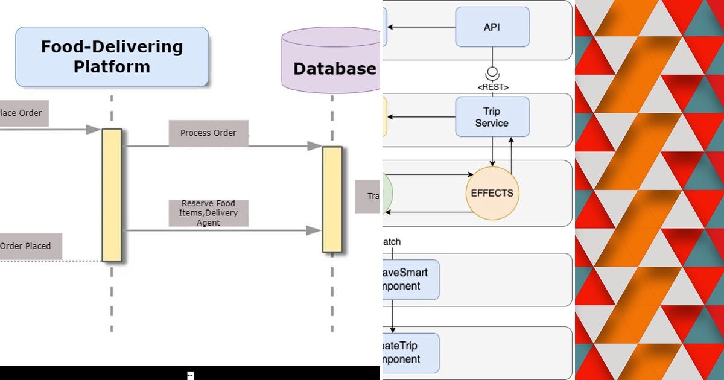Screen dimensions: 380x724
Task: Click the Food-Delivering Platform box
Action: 112,57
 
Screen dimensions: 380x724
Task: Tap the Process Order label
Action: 208,133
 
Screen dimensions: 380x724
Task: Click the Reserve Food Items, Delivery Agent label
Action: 208,213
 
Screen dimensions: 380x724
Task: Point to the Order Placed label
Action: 27,246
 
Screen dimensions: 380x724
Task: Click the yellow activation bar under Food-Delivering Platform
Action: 112,195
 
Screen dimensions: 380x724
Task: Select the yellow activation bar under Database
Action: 332,199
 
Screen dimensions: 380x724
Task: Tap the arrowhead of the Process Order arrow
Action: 314,146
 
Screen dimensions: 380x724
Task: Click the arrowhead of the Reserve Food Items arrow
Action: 314,230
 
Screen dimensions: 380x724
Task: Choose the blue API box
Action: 492,27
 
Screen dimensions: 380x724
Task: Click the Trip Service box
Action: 492,117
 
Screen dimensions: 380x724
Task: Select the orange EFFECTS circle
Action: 492,194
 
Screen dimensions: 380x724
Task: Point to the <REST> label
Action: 492,87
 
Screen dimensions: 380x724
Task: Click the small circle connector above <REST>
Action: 492,69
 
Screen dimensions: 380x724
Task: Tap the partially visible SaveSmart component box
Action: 410,280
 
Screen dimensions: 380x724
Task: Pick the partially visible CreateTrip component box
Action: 410,353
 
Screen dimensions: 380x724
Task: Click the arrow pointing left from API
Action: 422,27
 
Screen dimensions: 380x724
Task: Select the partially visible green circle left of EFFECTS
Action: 387,194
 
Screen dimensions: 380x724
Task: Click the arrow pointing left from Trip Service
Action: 422,117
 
